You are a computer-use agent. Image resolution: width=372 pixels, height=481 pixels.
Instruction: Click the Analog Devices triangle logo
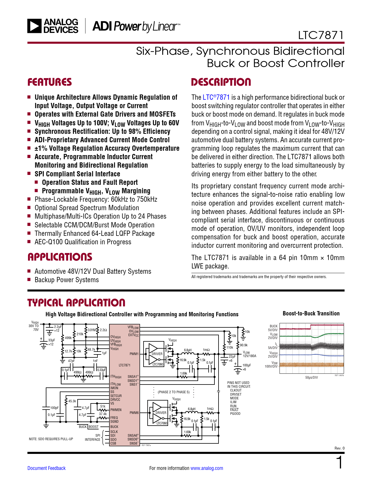pos(34,26)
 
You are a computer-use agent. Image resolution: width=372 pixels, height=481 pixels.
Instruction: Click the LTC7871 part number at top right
pos(321,35)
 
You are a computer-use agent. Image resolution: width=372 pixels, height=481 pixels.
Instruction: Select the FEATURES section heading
pos(50,82)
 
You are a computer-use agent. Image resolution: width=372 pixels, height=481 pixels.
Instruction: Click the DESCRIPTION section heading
pos(221,82)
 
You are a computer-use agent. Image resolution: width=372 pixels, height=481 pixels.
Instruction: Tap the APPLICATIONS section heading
pos(60,257)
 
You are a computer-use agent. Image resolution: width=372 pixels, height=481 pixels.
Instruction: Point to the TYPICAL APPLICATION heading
pos(76,303)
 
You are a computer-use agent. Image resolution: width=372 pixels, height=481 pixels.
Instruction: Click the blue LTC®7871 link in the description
pos(216,97)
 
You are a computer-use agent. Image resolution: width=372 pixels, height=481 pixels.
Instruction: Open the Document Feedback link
pos(46,468)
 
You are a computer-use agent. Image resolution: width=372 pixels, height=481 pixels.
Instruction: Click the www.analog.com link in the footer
pos(207,468)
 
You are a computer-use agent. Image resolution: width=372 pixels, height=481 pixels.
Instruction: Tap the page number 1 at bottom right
pos(339,463)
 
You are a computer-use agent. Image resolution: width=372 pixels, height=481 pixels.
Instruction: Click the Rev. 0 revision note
pos(339,448)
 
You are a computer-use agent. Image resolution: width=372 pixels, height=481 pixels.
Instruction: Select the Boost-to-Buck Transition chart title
pos(311,313)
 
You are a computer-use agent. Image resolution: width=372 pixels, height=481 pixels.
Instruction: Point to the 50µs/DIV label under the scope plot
pos(311,378)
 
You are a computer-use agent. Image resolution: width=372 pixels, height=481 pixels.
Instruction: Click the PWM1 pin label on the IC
pos(134,354)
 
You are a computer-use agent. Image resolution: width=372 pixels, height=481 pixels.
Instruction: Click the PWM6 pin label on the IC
pos(134,413)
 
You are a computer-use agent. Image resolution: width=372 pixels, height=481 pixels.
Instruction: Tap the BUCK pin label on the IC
pos(114,427)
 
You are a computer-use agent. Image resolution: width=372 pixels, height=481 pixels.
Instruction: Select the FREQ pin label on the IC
pos(114,418)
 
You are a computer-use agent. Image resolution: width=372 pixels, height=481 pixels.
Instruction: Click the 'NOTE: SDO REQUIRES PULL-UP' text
pos(51,439)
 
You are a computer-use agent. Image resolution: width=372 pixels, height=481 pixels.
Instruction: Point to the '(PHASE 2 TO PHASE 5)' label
pos(174,392)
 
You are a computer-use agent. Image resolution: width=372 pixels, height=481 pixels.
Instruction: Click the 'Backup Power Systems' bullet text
pos(67,280)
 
